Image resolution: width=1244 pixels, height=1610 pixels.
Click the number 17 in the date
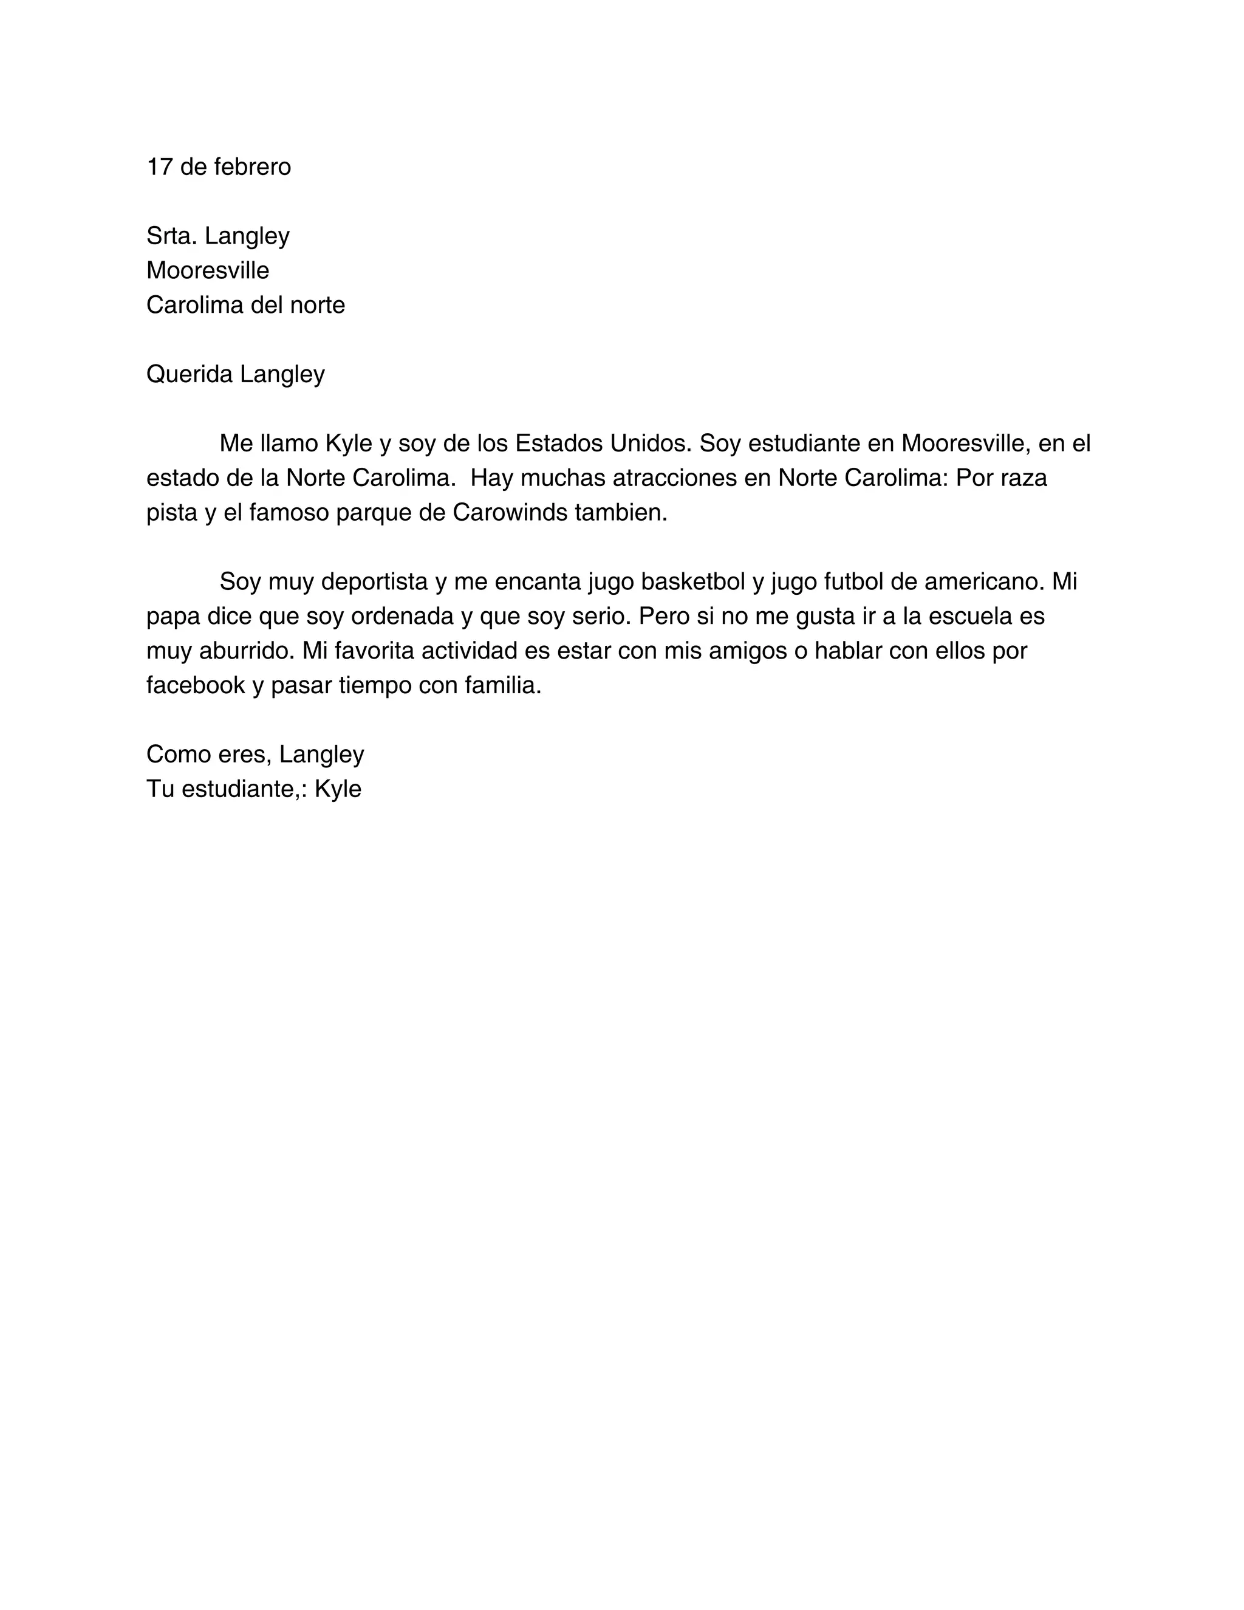point(159,167)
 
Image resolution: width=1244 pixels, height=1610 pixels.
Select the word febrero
point(252,167)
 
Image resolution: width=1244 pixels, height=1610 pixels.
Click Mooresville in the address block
point(208,270)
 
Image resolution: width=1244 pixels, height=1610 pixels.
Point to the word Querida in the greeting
point(190,374)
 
